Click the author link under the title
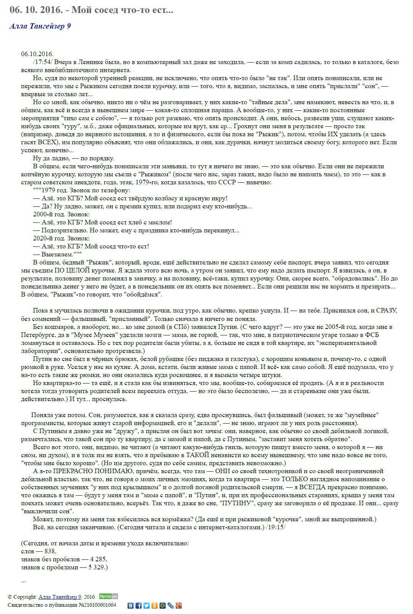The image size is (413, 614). [40, 26]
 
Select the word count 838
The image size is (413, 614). [50, 551]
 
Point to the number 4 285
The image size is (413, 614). [98, 559]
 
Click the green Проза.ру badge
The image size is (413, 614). [108, 596]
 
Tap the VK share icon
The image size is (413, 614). [131, 606]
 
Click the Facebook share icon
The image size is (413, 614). [139, 606]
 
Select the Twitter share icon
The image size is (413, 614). [147, 606]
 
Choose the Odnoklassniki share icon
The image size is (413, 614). [155, 606]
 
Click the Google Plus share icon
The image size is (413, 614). [178, 606]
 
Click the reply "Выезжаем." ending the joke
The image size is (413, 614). [57, 255]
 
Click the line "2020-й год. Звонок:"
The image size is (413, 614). [61, 239]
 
